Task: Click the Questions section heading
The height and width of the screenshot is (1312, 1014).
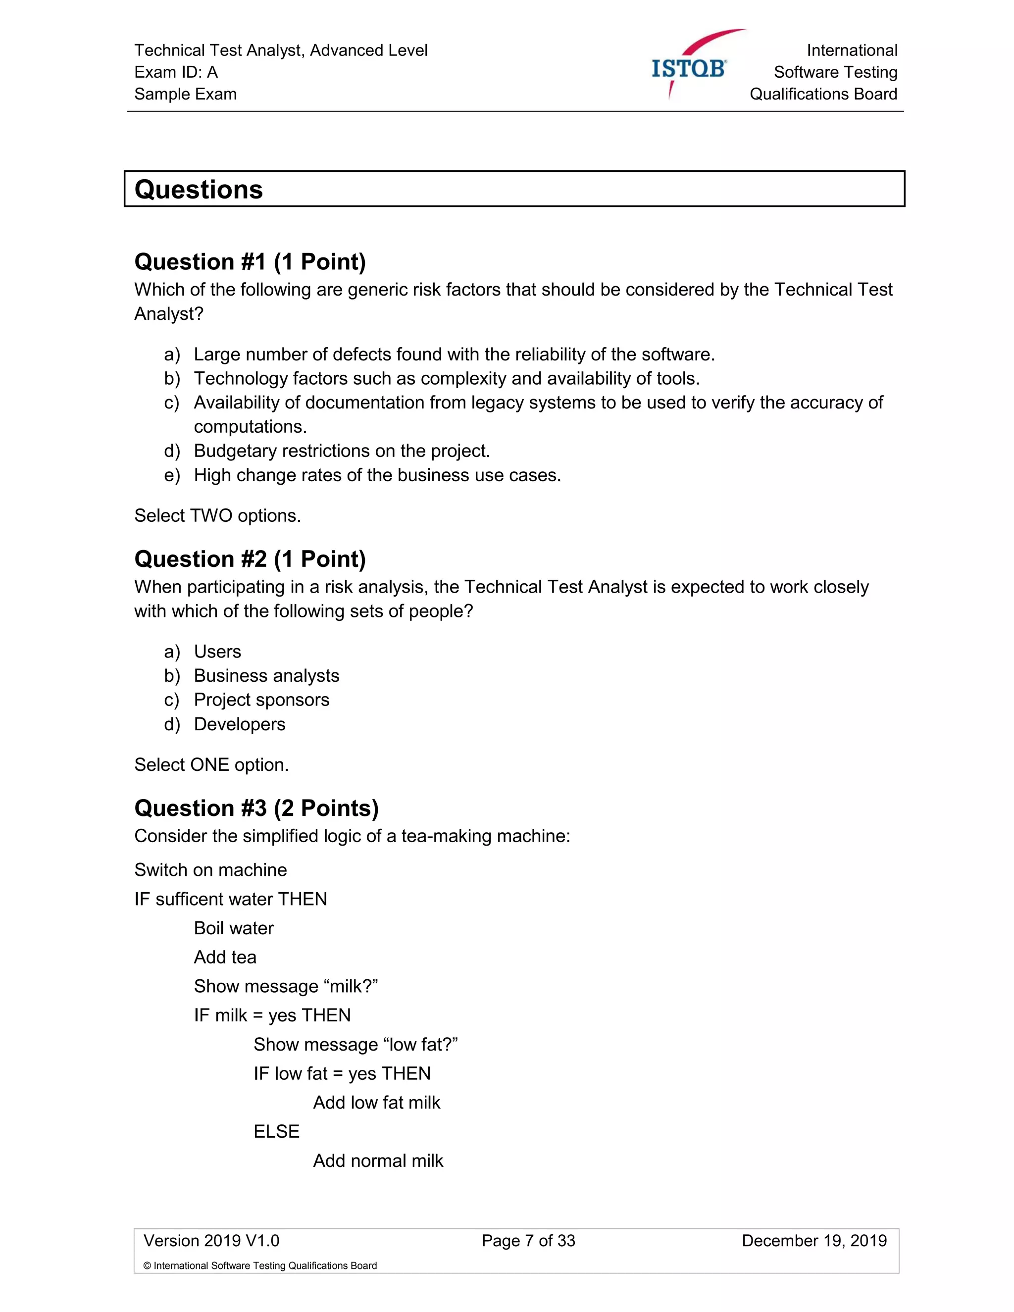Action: [199, 189]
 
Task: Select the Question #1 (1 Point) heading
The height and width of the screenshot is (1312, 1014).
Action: [250, 262]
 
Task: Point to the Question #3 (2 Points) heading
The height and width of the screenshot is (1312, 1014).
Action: [256, 808]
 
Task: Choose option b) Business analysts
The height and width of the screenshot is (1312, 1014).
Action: [266, 676]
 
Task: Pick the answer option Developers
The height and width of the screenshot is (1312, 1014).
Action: [239, 724]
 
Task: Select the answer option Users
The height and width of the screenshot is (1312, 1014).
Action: [217, 652]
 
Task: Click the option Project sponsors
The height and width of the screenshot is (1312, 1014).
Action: [261, 700]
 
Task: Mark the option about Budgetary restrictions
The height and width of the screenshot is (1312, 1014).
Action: [341, 451]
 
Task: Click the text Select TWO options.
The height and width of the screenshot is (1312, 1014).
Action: [217, 516]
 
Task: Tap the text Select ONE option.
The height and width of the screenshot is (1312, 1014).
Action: [211, 765]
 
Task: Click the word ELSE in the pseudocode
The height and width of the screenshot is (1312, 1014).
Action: [276, 1132]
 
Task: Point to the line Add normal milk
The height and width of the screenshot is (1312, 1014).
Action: [378, 1161]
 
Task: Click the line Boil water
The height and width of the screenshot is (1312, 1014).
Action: [234, 928]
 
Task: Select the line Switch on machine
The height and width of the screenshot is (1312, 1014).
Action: [210, 870]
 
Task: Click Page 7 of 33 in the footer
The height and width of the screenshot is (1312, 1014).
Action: [528, 1241]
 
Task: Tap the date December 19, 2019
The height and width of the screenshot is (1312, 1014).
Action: [814, 1241]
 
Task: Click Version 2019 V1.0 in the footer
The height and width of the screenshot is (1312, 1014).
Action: [211, 1241]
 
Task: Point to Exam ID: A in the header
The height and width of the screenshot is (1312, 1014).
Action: [176, 72]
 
